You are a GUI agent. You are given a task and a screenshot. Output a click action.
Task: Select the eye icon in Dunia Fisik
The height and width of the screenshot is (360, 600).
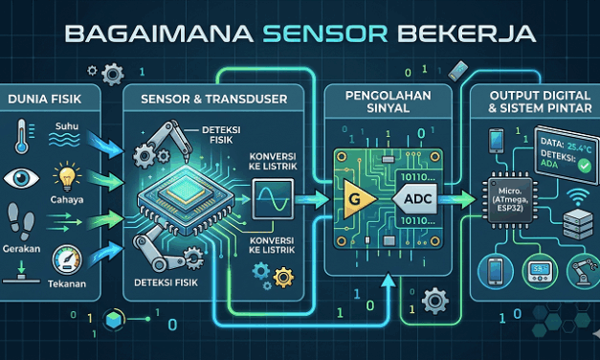pos(21,178)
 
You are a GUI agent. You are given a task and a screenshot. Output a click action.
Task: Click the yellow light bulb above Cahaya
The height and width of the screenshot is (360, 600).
pos(66,179)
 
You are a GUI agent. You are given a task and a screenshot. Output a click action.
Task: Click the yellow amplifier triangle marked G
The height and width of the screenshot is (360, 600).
pos(348,196)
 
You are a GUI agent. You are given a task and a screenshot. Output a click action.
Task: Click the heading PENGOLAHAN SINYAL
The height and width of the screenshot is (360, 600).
pos(388,101)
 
